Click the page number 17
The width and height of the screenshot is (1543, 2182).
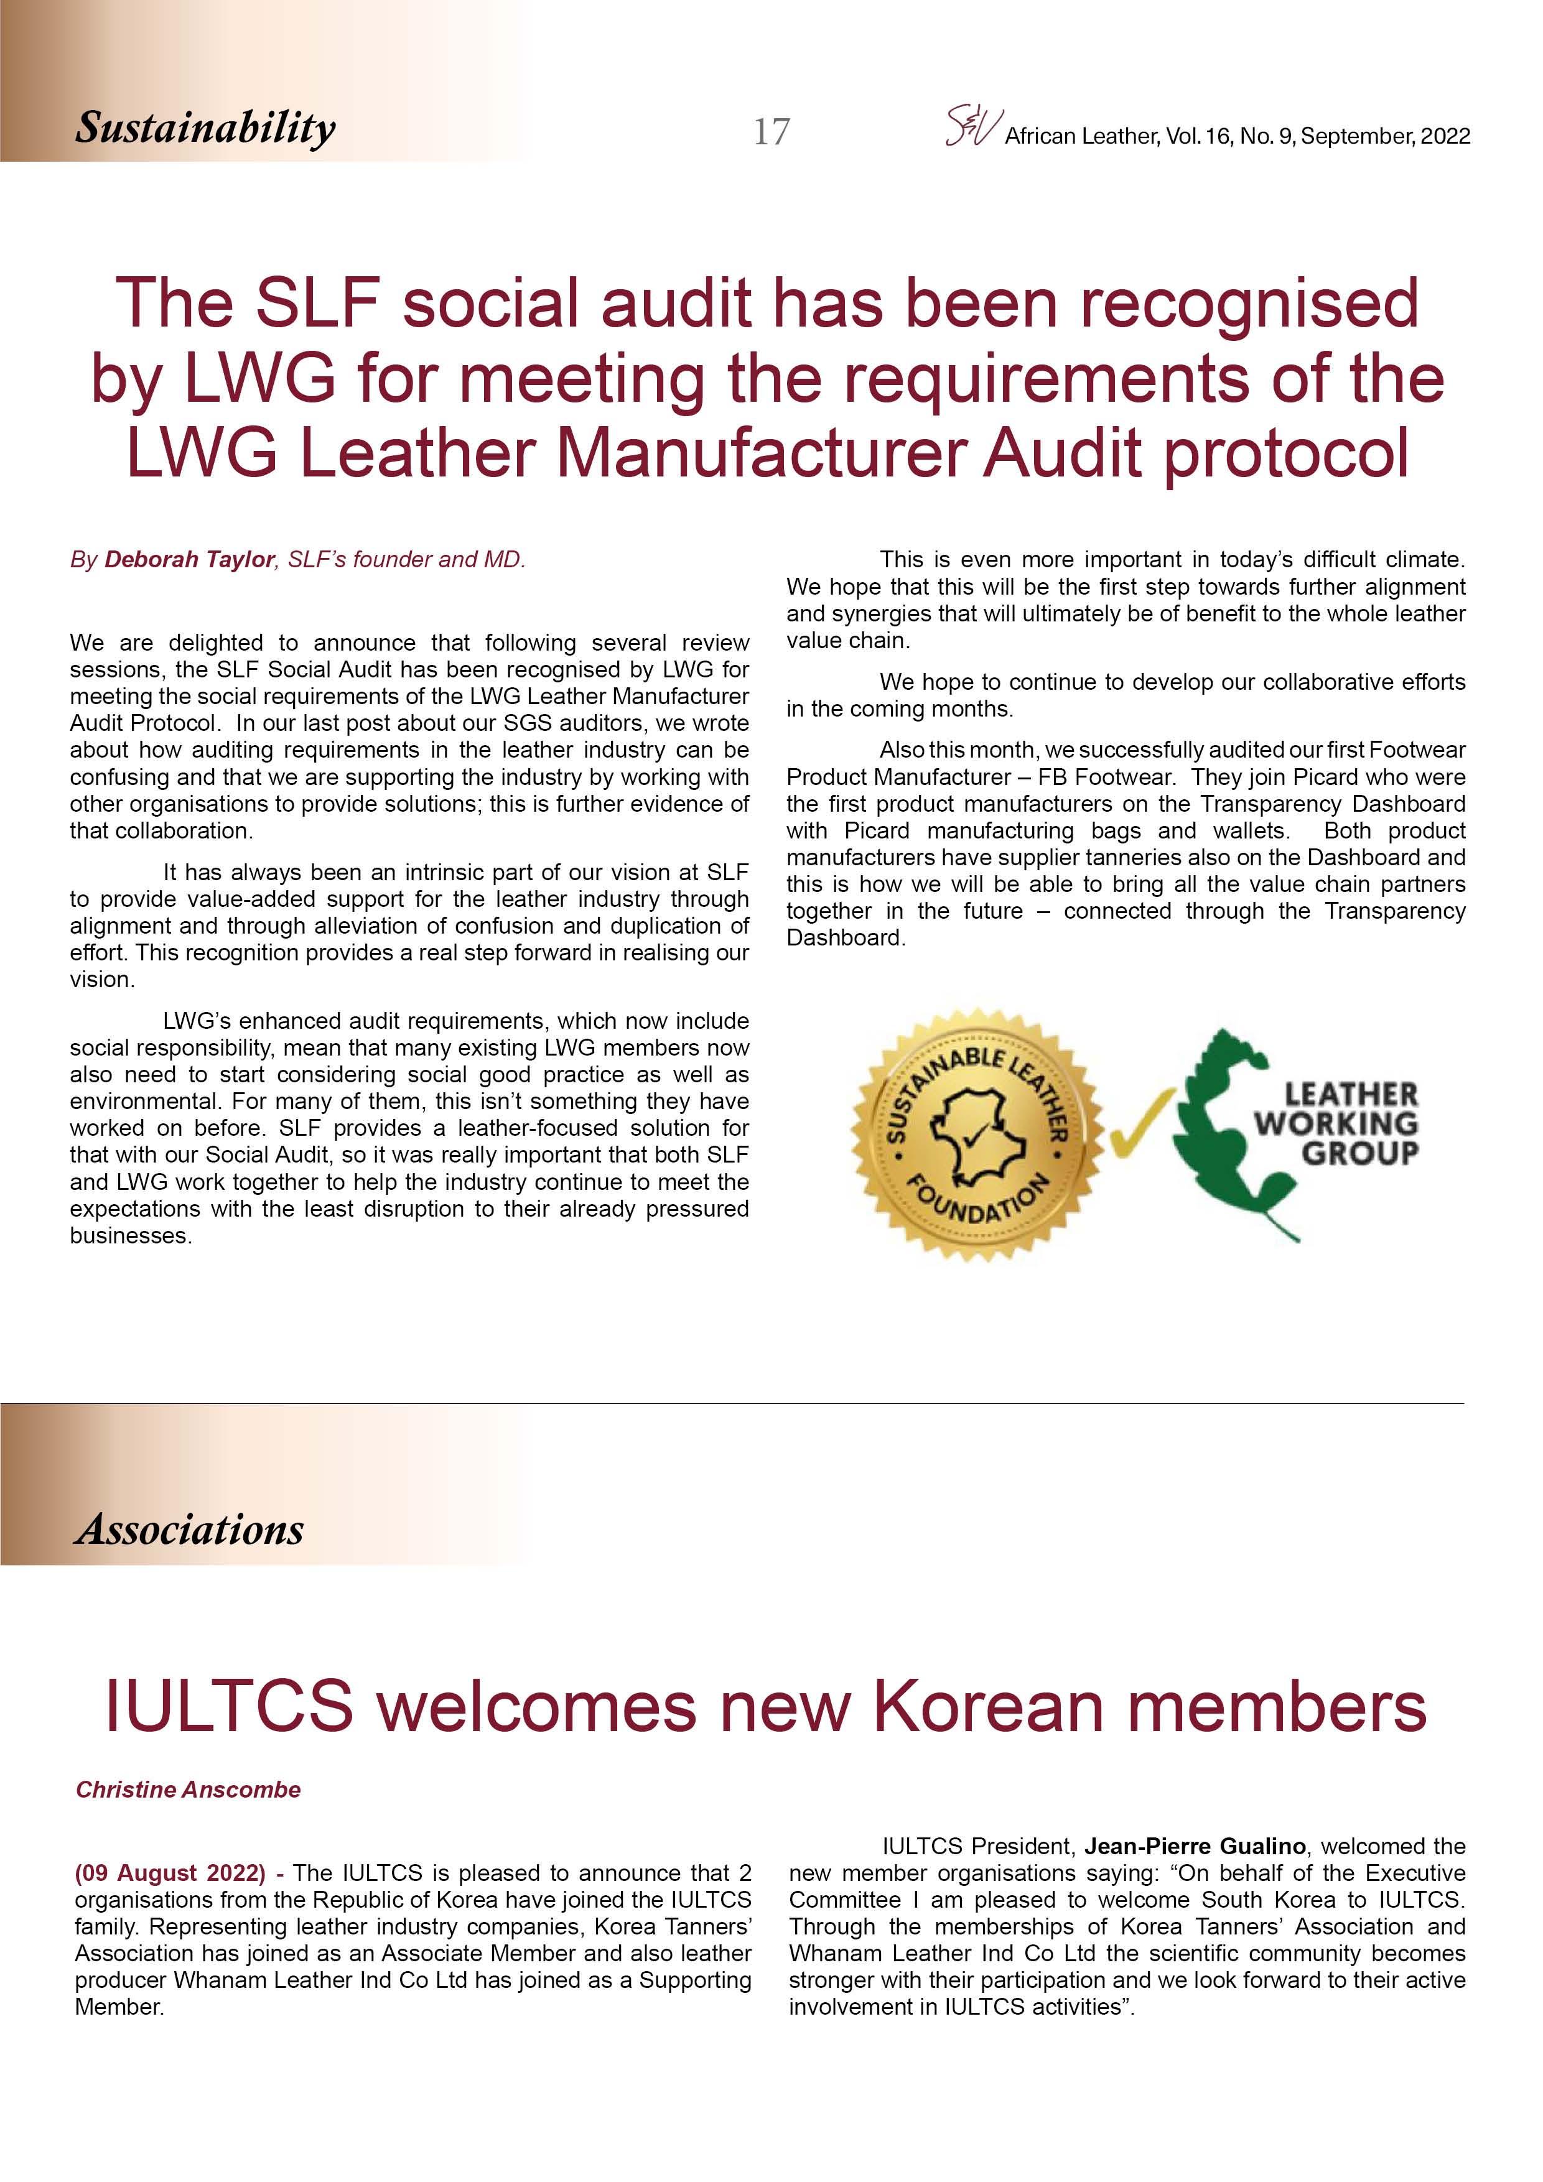tap(771, 131)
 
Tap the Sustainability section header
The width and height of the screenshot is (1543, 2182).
tap(205, 128)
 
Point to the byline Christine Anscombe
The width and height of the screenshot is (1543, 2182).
tap(189, 1790)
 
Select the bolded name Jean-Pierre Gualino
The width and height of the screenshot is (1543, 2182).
tap(1195, 1847)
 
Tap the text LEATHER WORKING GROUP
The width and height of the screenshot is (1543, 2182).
tap(1336, 1123)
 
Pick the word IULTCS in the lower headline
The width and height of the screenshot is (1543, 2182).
tap(228, 1706)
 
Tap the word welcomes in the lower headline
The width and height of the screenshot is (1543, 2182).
tap(537, 1706)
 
